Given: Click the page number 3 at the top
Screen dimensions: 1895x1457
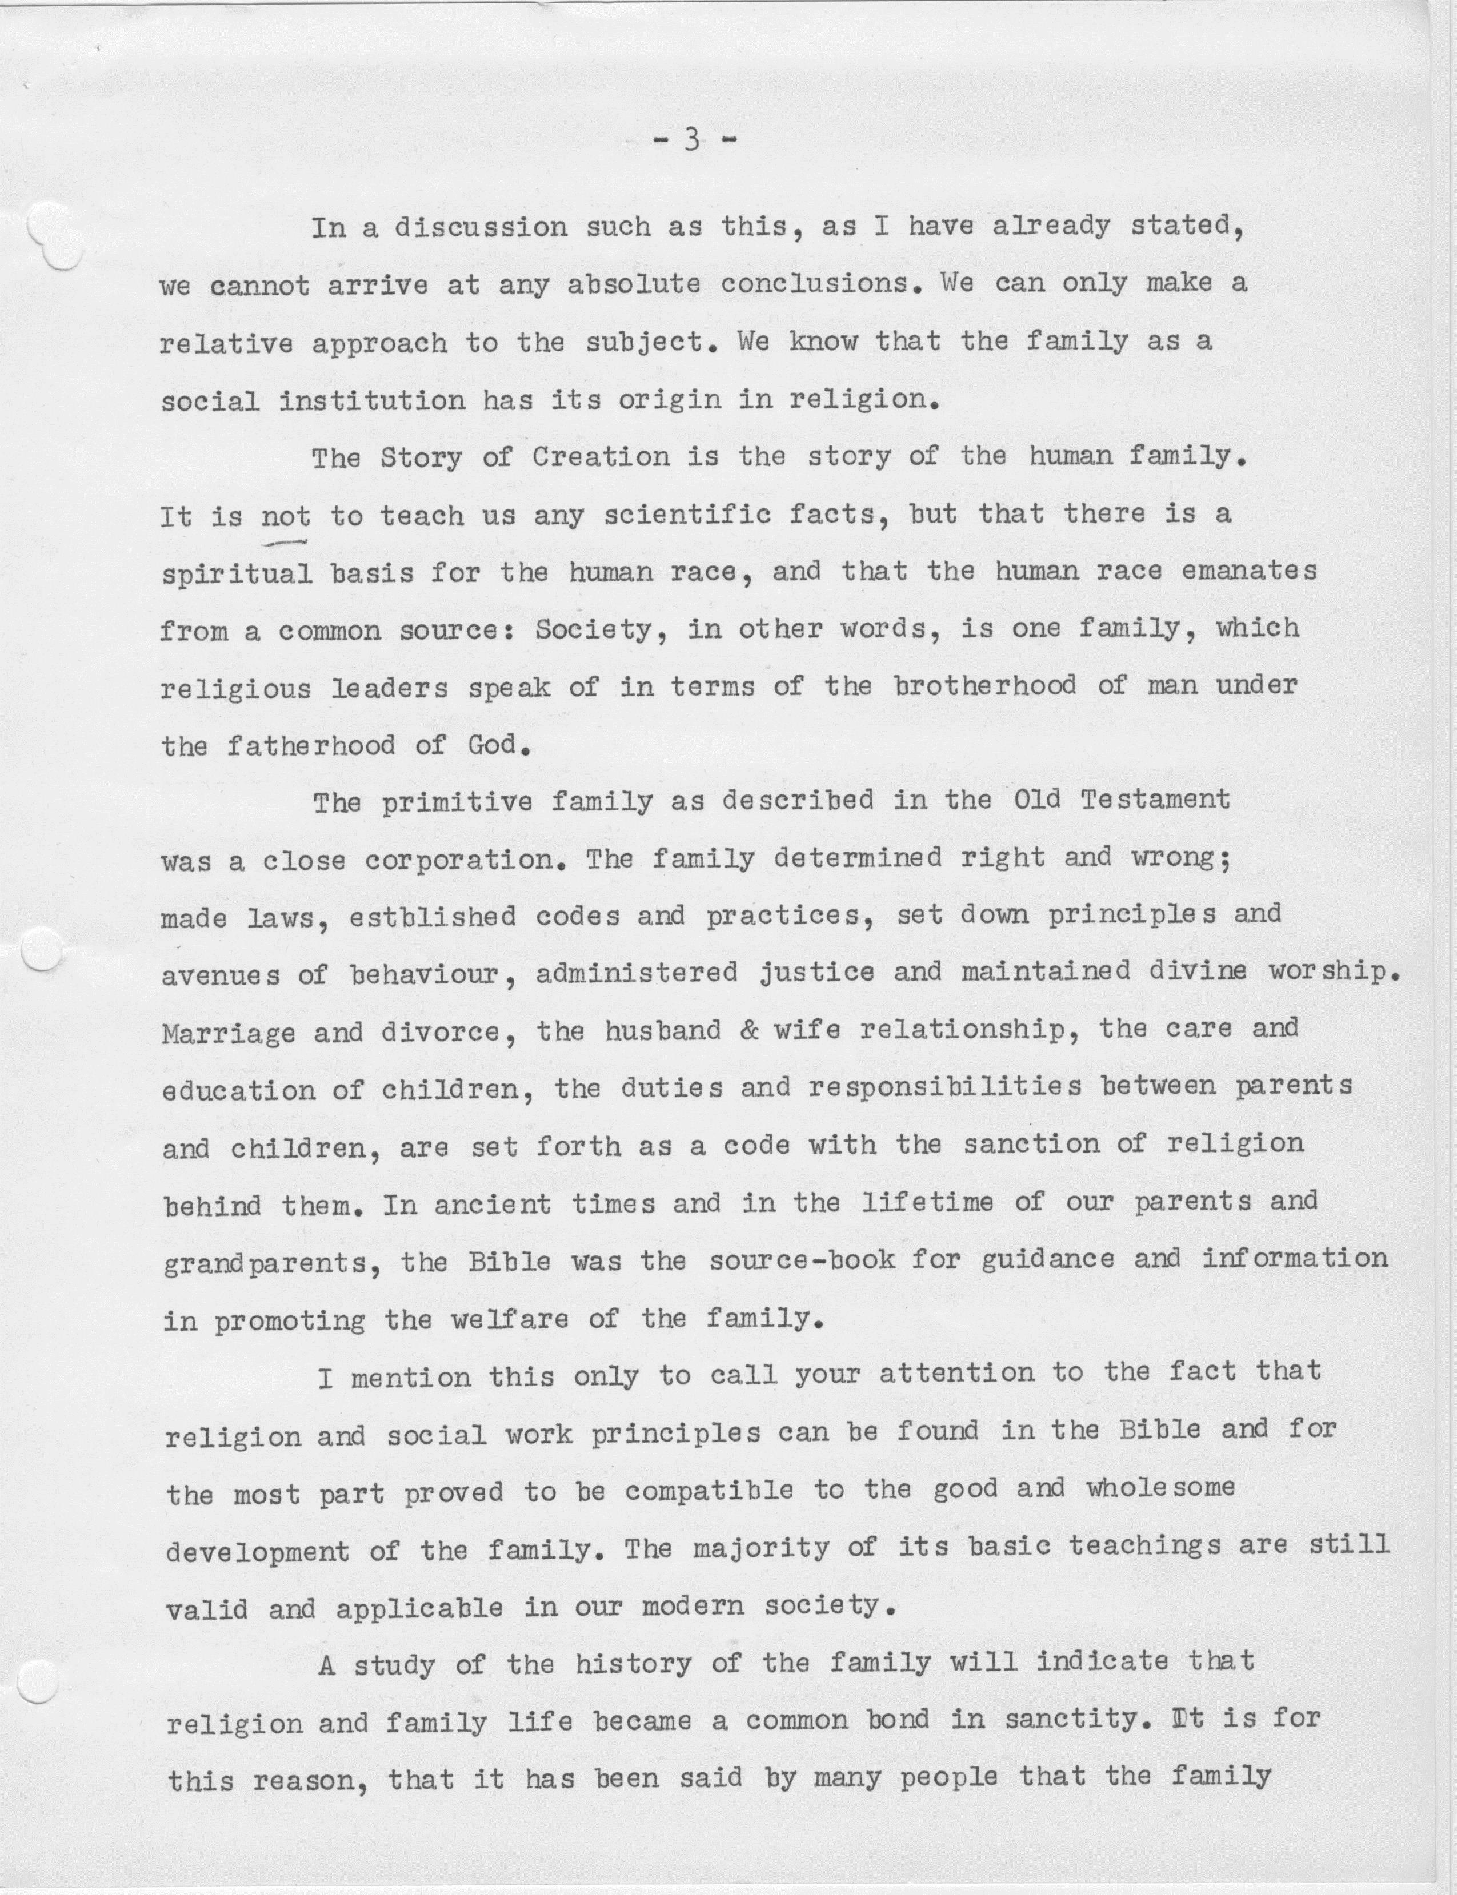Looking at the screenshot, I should point(691,141).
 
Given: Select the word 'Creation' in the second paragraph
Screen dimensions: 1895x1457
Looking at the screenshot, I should point(600,457).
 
